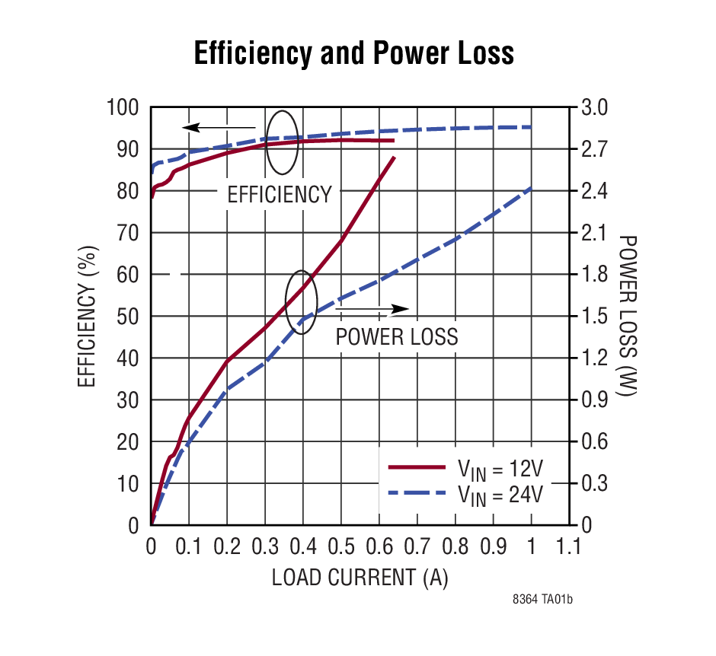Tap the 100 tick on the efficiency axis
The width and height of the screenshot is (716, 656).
click(125, 108)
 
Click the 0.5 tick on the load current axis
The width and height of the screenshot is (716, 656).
click(341, 546)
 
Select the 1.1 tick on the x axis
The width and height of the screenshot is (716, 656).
click(568, 546)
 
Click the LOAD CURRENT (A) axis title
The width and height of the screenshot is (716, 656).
click(360, 578)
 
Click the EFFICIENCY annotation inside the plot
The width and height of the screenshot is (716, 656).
click(280, 195)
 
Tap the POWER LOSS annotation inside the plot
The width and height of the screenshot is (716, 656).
click(397, 336)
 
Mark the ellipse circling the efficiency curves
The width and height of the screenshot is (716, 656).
click(282, 141)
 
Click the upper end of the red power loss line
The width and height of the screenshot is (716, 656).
click(395, 158)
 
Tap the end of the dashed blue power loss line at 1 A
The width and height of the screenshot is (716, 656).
click(531, 188)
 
